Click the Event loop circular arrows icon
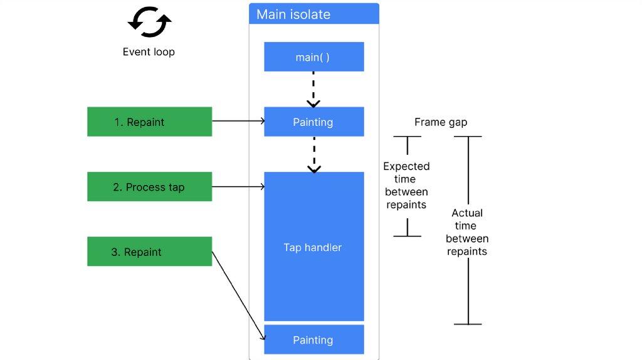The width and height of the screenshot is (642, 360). [149, 23]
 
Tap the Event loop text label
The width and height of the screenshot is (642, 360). [149, 52]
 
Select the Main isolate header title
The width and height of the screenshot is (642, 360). [293, 14]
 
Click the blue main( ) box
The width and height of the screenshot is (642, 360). [313, 57]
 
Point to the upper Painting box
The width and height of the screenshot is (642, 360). [313, 122]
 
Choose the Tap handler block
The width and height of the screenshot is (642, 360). [313, 247]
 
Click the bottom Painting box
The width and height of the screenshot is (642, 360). [313, 340]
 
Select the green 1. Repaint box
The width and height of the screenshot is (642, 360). [149, 122]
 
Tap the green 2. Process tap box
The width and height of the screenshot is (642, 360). [149, 187]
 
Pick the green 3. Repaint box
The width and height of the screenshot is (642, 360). [149, 251]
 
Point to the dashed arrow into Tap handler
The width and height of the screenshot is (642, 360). [313, 154]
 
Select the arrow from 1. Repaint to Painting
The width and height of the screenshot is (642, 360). [238, 122]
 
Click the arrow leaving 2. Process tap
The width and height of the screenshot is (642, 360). [238, 186]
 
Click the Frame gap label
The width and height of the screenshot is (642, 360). [441, 122]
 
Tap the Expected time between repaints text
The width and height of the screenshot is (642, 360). [406, 186]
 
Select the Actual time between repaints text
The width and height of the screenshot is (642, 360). [467, 232]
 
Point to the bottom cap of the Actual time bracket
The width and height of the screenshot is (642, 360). [468, 324]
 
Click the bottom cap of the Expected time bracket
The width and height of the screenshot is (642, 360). [407, 236]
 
